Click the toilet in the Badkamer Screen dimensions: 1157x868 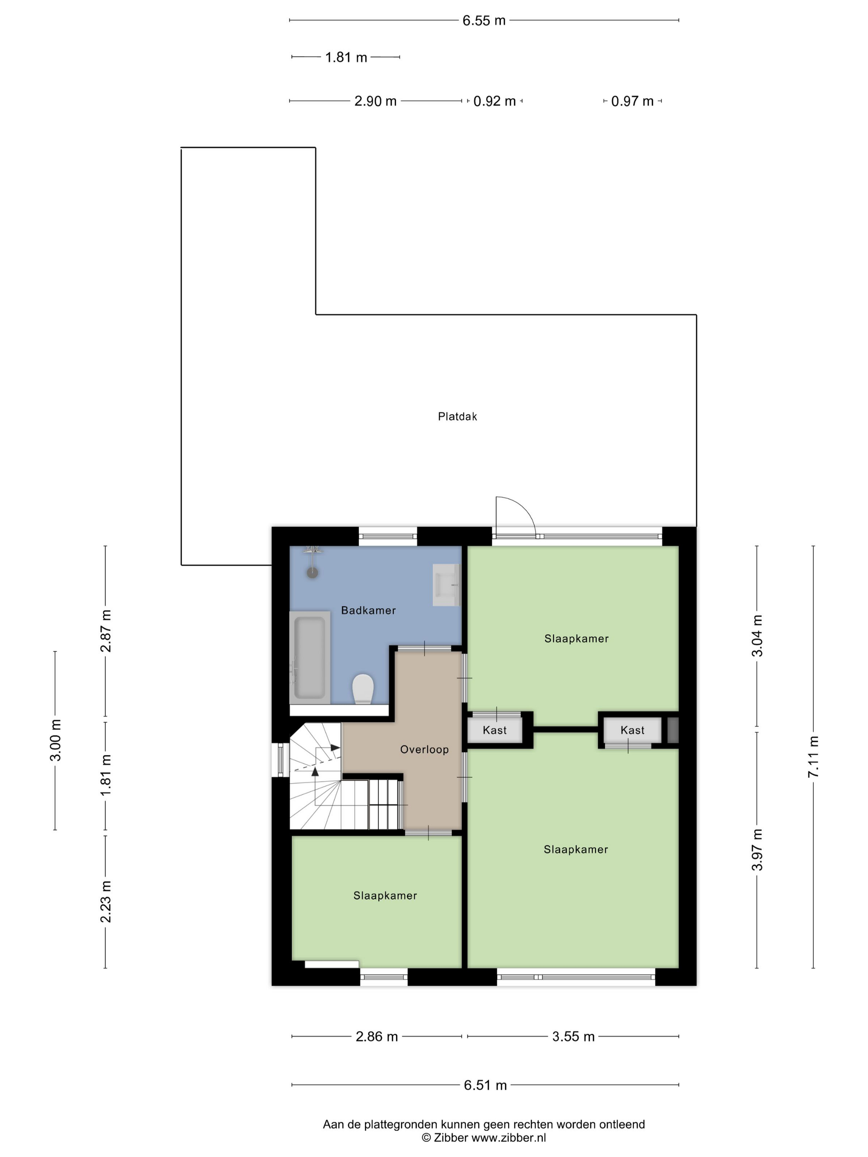[362, 688]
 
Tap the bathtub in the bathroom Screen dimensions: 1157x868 [309, 657]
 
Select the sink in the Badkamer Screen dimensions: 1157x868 [445, 585]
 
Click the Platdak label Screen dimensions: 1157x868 [457, 417]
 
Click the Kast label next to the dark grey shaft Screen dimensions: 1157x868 [632, 730]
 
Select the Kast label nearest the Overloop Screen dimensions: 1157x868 [494, 730]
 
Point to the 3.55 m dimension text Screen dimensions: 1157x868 [573, 1037]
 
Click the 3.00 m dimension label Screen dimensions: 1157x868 [55, 740]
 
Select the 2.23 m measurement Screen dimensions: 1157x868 [106, 902]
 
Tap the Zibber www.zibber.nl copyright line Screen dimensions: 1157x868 [484, 1138]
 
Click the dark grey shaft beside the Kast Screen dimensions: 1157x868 [673, 730]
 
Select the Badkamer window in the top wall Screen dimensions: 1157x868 [387, 536]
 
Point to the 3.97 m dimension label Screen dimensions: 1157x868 [757, 850]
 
